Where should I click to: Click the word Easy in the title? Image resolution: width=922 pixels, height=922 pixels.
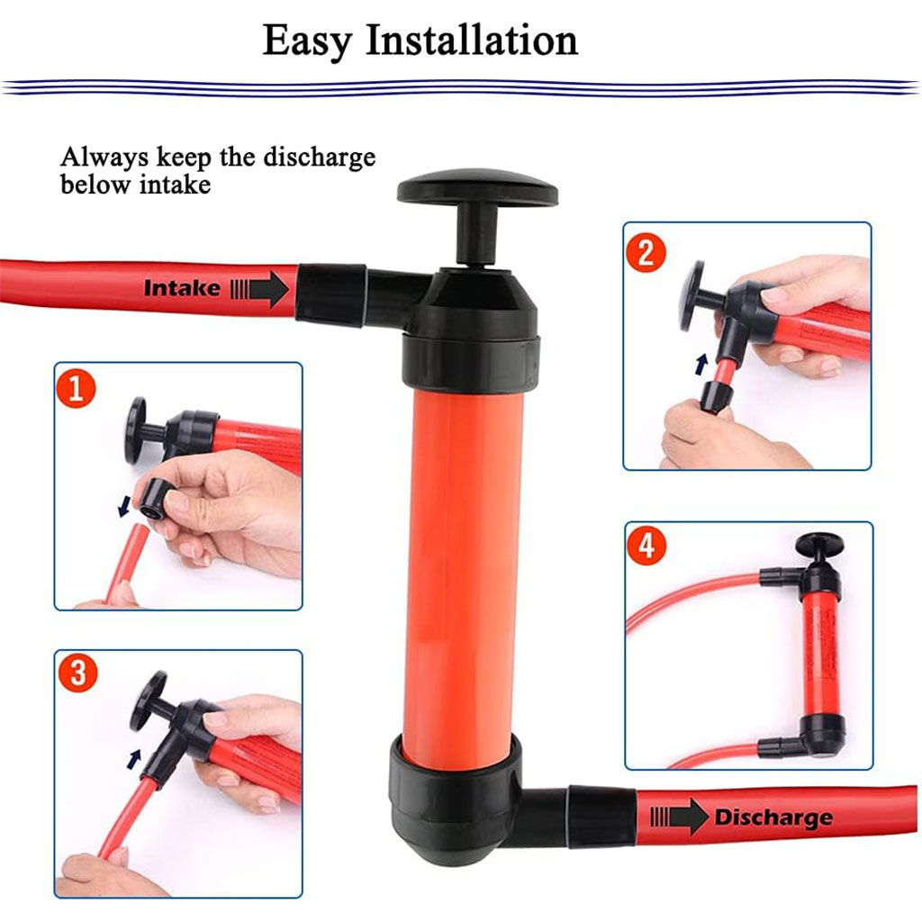click(307, 41)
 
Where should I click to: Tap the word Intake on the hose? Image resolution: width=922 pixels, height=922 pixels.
click(182, 288)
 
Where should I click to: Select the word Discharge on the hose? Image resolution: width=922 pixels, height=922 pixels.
click(773, 818)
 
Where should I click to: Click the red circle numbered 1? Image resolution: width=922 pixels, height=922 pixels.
click(76, 388)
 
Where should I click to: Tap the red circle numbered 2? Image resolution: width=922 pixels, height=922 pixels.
click(646, 253)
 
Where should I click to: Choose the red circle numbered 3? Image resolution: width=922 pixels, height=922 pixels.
click(77, 673)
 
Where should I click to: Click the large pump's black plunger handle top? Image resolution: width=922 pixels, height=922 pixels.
click(477, 187)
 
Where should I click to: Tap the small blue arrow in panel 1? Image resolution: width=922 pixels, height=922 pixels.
click(123, 506)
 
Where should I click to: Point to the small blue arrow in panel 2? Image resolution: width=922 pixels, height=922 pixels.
click(701, 364)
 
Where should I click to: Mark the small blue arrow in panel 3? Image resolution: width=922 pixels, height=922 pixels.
click(134, 759)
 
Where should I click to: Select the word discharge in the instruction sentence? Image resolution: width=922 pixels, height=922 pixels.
click(320, 158)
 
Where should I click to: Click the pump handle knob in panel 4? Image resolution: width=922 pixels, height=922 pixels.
click(819, 545)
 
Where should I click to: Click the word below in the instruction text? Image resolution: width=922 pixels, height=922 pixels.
click(95, 185)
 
